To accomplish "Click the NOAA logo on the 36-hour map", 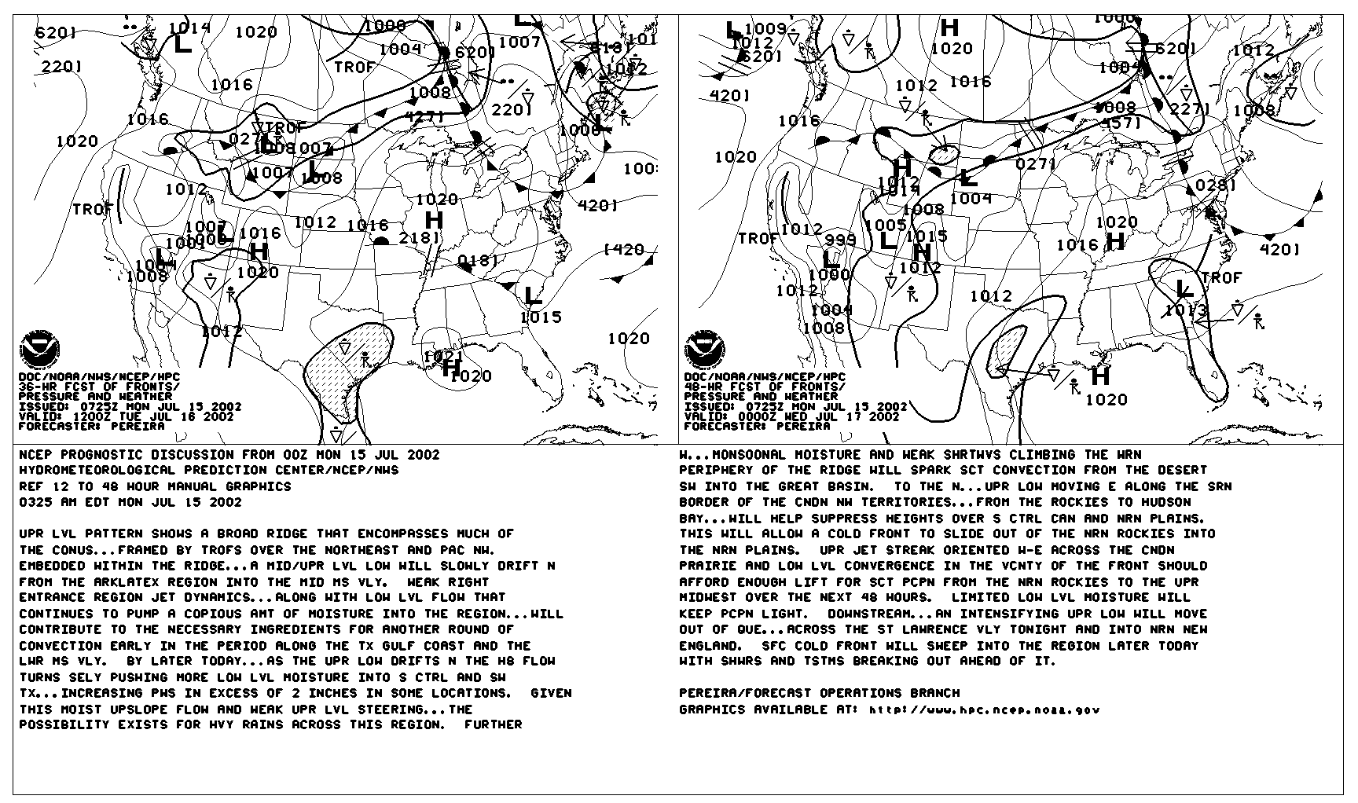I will coord(39,351).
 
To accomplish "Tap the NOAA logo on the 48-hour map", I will coord(704,350).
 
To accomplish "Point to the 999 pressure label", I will coord(840,240).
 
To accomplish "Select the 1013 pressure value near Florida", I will coord(1185,310).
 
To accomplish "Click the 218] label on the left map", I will coord(420,237).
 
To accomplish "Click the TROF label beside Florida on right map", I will coord(1221,277).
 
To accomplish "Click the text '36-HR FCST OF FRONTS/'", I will coord(99,387).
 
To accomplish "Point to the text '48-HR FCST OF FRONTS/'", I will coord(765,387).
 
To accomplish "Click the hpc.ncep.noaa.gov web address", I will coord(984,710).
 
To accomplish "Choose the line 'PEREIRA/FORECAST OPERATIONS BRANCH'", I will coord(819,693).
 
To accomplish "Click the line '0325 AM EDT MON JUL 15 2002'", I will coord(130,502).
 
